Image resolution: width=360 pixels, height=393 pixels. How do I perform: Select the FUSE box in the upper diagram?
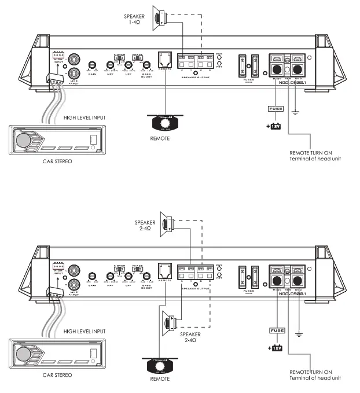(x=275, y=108)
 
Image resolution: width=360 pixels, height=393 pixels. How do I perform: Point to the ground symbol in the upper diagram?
(x=297, y=113)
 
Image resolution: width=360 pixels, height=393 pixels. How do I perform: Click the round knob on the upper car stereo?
(x=24, y=140)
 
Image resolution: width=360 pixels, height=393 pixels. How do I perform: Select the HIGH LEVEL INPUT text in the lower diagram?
(x=85, y=331)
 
